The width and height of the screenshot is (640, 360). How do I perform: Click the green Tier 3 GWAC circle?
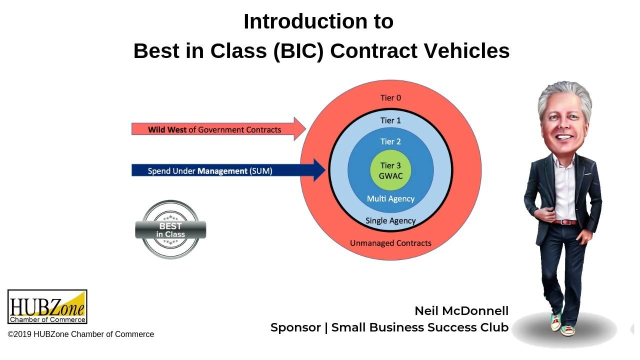[x=390, y=170]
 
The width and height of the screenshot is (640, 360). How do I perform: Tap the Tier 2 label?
[x=390, y=141]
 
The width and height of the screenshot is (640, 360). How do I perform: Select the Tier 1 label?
[x=390, y=120]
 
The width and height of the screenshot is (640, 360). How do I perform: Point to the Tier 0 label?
[x=390, y=98]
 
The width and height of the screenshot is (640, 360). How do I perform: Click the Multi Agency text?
[x=390, y=198]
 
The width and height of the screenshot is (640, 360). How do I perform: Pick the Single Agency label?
[x=390, y=220]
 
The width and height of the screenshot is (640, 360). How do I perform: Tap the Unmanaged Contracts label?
[x=390, y=243]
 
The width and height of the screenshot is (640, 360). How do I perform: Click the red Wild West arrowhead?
[x=299, y=129]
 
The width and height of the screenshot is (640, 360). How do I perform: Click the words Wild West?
[x=167, y=129]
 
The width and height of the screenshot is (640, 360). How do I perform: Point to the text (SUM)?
[x=261, y=171]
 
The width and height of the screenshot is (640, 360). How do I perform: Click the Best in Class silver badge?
[x=170, y=230]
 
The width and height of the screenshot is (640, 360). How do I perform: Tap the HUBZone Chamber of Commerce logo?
[x=47, y=306]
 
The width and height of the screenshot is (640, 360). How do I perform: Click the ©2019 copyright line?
[x=81, y=334]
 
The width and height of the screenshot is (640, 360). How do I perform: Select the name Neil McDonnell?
[x=461, y=310]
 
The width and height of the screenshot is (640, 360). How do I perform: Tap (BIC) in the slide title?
[x=298, y=51]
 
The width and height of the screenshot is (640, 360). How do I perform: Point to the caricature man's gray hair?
[x=564, y=95]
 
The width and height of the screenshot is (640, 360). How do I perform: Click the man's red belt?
[x=564, y=222]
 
